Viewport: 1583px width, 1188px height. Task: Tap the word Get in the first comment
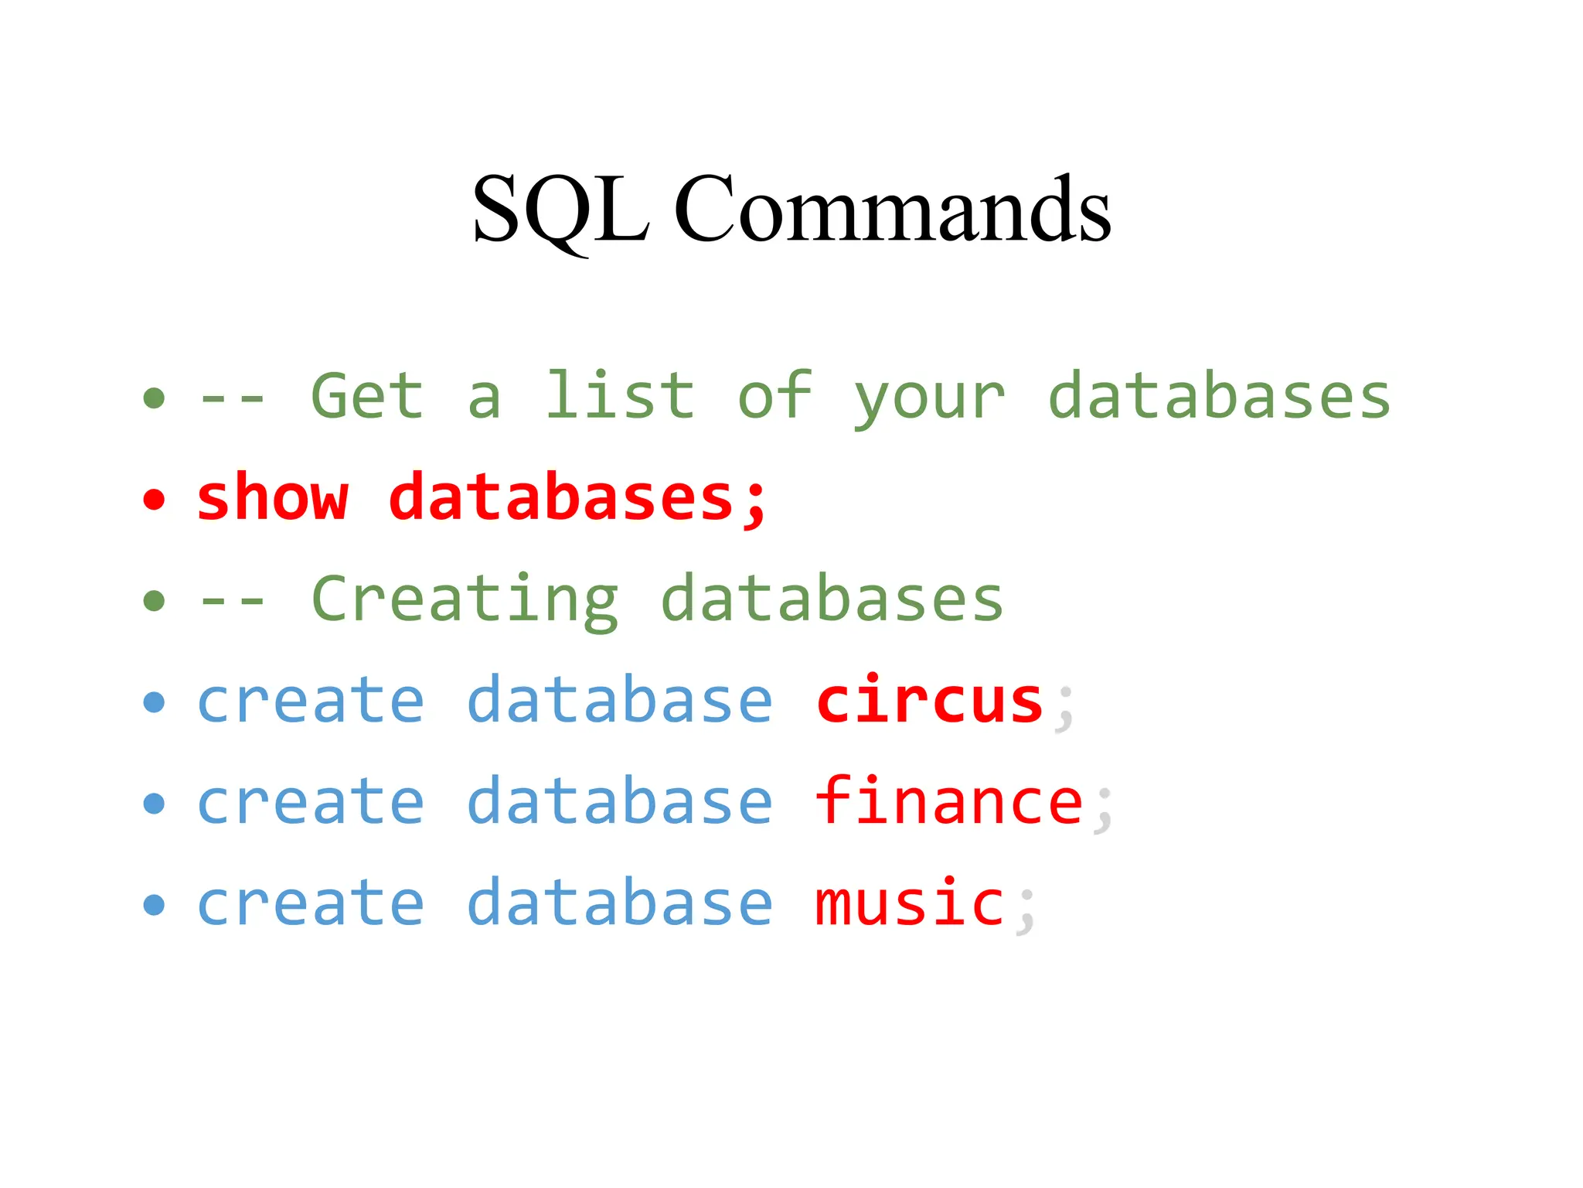tap(367, 396)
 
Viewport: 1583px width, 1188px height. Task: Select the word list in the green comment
tap(620, 396)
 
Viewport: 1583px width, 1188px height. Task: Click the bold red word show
tap(272, 497)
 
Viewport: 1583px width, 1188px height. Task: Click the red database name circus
tap(930, 701)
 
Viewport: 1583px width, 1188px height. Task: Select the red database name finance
tap(949, 801)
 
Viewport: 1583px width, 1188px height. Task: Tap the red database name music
tap(910, 903)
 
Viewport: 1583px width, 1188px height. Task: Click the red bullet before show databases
tap(155, 500)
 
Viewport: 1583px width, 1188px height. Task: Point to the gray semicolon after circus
tap(1065, 708)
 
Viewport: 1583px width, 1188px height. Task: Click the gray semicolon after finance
tap(1104, 810)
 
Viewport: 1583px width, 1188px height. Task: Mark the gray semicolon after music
tap(1026, 911)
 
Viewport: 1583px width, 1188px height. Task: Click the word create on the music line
tap(311, 903)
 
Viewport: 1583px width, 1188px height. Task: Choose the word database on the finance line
tap(620, 801)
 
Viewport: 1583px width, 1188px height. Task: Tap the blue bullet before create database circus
tap(155, 702)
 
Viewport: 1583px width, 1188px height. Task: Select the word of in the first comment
tap(774, 396)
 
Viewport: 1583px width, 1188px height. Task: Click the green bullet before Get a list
tap(155, 398)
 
